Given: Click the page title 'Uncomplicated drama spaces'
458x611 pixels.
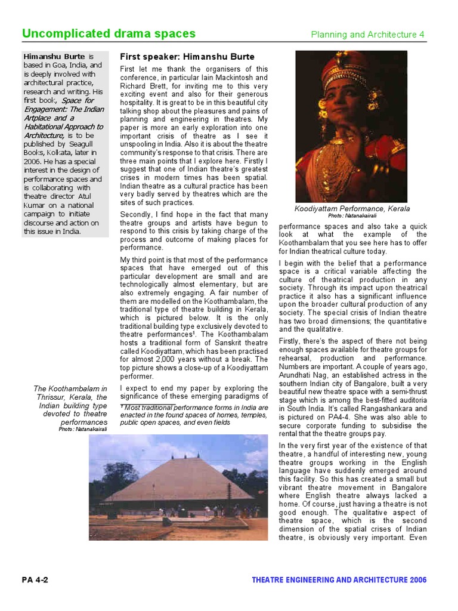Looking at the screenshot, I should [109, 33].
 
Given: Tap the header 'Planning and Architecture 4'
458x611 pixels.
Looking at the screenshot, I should [367, 35].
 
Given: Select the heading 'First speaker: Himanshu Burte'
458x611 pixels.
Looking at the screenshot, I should [187, 57].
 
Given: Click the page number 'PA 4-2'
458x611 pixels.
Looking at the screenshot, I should [35, 580].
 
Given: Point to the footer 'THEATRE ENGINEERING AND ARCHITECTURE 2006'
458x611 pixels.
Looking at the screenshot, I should [339, 580].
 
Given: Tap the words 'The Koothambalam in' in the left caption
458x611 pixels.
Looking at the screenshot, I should [70, 389].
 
